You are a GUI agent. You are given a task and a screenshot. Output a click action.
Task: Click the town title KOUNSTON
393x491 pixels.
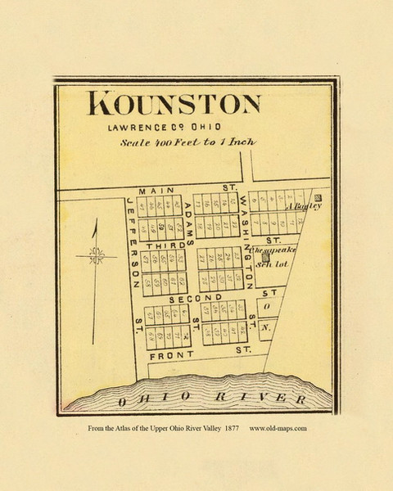click(174, 106)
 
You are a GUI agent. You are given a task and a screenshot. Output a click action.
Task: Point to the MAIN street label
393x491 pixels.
click(152, 191)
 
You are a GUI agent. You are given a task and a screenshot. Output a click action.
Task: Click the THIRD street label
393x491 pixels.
click(160, 245)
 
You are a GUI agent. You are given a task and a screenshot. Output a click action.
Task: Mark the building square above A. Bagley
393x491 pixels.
click(318, 197)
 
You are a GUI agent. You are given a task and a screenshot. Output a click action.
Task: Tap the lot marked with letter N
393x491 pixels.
click(267, 330)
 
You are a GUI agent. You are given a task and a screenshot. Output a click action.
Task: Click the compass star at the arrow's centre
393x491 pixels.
click(95, 256)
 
